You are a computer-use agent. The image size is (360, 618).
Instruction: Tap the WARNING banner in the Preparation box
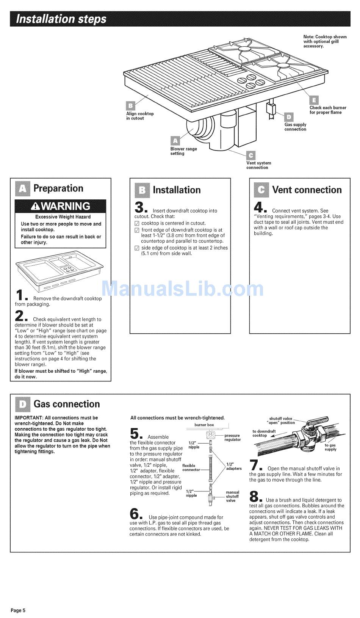pyautogui.click(x=61, y=206)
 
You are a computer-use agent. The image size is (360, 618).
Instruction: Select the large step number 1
pyautogui.click(x=20, y=296)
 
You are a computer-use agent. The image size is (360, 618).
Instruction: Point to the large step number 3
pyautogui.click(x=139, y=208)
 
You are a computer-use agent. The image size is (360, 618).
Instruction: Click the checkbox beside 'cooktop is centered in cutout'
pyautogui.click(x=137, y=224)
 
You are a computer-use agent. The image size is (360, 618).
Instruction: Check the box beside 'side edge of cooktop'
pyautogui.click(x=137, y=248)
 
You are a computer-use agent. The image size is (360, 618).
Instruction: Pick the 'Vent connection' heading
pyautogui.click(x=307, y=190)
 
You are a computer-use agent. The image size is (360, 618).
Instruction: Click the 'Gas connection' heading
pyautogui.click(x=67, y=404)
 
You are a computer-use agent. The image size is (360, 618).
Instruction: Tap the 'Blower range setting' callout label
pyautogui.click(x=183, y=151)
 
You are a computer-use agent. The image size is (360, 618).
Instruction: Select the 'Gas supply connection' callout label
pyautogui.click(x=295, y=127)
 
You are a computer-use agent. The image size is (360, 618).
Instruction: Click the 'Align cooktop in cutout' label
pyautogui.click(x=140, y=116)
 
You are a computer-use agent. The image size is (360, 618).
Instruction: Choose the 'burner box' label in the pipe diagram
pyautogui.click(x=204, y=425)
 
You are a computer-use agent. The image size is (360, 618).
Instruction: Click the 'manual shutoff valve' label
pyautogui.click(x=232, y=496)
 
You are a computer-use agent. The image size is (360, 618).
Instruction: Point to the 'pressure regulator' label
pyautogui.click(x=232, y=438)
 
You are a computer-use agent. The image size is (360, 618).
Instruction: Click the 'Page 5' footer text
pyautogui.click(x=18, y=610)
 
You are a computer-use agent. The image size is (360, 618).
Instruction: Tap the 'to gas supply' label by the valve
pyautogui.click(x=330, y=447)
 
